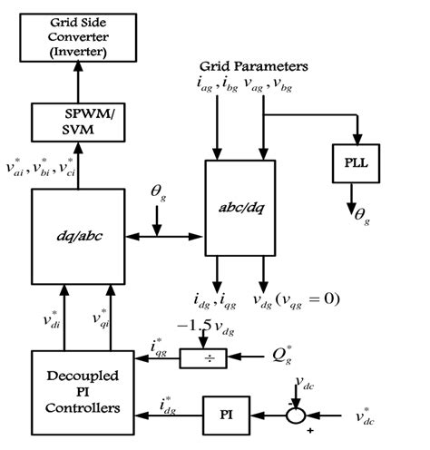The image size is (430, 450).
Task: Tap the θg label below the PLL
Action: coord(363,216)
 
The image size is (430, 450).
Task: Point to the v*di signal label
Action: coord(51,322)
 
